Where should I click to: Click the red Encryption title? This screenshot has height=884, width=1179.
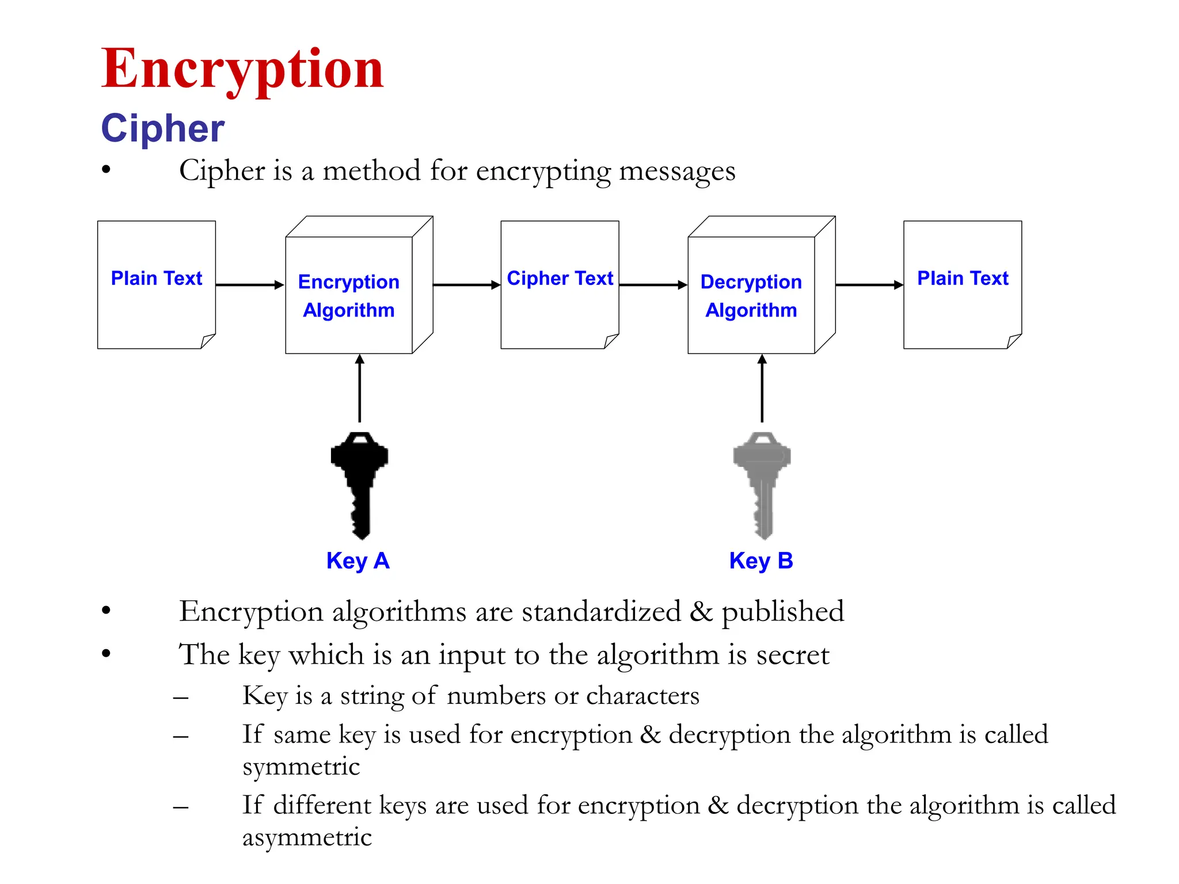click(242, 69)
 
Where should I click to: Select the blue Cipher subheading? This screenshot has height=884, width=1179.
click(162, 128)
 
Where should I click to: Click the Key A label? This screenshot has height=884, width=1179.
click(357, 561)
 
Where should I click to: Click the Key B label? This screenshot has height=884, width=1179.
click(761, 561)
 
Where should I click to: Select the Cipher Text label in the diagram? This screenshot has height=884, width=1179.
click(560, 279)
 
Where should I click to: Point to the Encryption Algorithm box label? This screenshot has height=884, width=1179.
click(349, 296)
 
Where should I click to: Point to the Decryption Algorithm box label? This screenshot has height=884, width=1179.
click(751, 296)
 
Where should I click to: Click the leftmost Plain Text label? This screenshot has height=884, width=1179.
click(157, 279)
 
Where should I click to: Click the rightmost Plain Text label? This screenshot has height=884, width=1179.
click(963, 279)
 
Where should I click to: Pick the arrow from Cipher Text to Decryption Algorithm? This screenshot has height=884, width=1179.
click(653, 285)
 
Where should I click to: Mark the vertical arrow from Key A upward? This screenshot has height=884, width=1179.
click(360, 388)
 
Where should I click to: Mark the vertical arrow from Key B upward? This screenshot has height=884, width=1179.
click(762, 388)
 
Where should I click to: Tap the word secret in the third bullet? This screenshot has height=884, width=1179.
click(793, 656)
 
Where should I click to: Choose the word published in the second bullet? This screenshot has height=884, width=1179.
click(783, 612)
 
